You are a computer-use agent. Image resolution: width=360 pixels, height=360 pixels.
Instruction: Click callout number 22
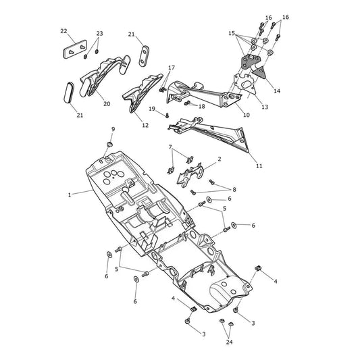[x=63, y=31]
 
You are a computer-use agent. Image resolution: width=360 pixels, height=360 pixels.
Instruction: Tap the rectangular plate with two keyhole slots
[x=75, y=49]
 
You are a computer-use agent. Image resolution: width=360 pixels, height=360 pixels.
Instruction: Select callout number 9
[x=113, y=129]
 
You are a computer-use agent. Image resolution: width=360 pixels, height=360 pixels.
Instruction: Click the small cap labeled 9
[x=110, y=144]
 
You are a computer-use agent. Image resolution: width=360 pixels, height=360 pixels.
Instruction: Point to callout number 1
[x=70, y=195]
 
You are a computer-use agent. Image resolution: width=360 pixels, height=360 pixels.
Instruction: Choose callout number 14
[x=277, y=91]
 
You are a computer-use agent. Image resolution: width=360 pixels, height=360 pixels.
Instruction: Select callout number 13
[x=265, y=107]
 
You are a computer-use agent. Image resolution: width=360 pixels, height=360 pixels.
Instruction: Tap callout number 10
[x=247, y=115]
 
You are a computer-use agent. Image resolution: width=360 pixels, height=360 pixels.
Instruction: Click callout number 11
[x=259, y=165]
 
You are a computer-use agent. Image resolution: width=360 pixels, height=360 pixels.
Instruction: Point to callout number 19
[x=152, y=109]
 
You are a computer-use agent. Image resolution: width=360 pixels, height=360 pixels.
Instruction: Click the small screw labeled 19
[x=167, y=115]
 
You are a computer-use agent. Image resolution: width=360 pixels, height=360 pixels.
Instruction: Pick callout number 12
[x=145, y=126]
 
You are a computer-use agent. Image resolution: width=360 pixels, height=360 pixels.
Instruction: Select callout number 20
[x=107, y=104]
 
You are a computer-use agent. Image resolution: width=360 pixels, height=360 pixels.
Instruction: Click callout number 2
[x=220, y=159]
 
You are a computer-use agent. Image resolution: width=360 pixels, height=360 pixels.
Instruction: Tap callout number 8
[x=234, y=189]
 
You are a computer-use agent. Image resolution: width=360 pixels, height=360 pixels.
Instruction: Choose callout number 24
[x=230, y=342]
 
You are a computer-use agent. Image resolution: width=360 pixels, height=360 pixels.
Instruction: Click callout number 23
[x=99, y=34]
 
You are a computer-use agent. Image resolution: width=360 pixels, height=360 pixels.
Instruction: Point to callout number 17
[x=172, y=68]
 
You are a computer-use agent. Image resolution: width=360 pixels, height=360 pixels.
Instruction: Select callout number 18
[x=201, y=106]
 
